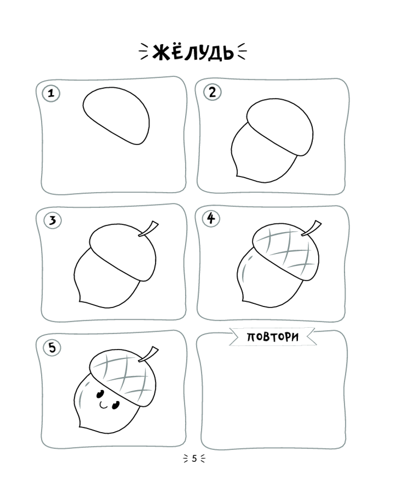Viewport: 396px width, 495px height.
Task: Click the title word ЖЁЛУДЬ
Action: click(193, 52)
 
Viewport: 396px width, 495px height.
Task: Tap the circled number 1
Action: click(51, 93)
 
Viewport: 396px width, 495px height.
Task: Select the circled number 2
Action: click(212, 92)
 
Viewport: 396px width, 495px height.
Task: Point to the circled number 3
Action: click(52, 220)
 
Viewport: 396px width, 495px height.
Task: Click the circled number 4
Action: click(211, 218)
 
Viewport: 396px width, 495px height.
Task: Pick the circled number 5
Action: click(52, 347)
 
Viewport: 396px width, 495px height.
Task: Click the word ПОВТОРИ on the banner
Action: click(273, 337)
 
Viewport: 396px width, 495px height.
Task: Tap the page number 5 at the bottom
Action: click(195, 458)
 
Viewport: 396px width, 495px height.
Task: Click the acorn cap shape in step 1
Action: click(116, 115)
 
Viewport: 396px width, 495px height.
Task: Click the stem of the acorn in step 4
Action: click(312, 228)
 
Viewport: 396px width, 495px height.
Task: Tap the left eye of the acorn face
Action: click(100, 394)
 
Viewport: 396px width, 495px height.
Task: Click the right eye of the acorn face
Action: click(115, 404)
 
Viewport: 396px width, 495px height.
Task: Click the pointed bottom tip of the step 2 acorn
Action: click(237, 176)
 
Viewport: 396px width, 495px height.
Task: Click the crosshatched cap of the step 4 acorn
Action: click(286, 252)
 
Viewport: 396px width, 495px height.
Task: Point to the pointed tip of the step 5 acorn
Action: click(79, 426)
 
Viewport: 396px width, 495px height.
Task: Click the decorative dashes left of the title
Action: click(144, 52)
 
